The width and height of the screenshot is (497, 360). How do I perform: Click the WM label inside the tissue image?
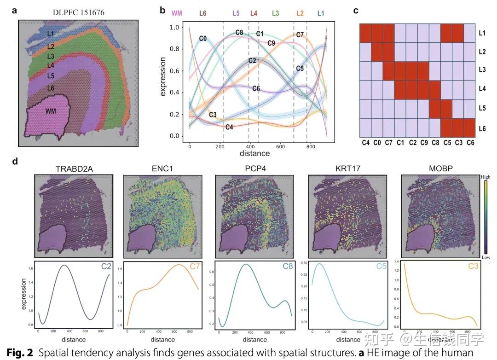pyautogui.click(x=51, y=111)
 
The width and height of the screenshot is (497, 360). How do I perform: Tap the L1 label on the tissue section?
pyautogui.click(x=50, y=34)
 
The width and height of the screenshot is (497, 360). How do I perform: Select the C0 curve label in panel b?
pyautogui.click(x=203, y=38)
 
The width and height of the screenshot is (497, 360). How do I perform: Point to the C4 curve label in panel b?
pyautogui.click(x=229, y=127)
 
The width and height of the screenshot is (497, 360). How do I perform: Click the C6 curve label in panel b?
pyautogui.click(x=256, y=88)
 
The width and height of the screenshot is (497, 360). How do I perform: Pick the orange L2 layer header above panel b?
pyautogui.click(x=300, y=13)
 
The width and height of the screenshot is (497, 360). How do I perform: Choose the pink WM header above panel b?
pyautogui.click(x=177, y=13)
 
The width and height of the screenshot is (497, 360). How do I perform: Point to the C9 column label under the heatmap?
pyautogui.click(x=423, y=143)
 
